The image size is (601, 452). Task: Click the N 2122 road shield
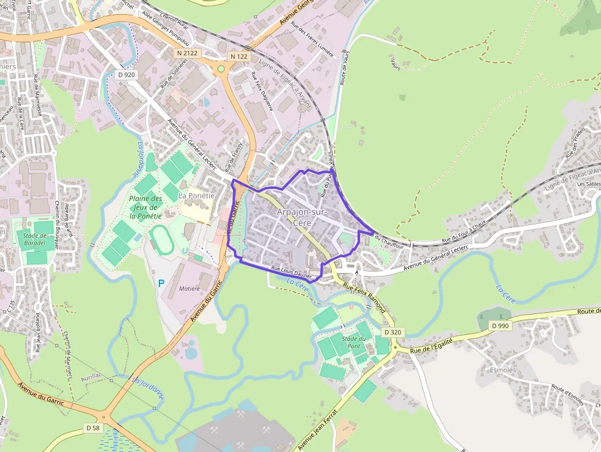[x=187, y=53]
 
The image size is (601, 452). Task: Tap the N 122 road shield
[x=239, y=56]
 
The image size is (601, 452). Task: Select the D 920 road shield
[x=126, y=75]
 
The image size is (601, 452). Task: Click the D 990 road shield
[x=500, y=326]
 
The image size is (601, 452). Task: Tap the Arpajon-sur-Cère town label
[x=303, y=217]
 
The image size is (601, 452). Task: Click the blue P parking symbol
[x=161, y=283]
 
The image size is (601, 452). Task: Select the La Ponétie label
[x=196, y=196]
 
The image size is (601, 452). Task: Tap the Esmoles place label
[x=503, y=370]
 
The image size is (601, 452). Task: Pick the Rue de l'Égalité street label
[x=432, y=345]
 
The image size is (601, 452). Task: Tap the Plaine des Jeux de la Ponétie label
[x=145, y=207]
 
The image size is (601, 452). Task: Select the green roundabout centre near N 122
[x=221, y=69]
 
